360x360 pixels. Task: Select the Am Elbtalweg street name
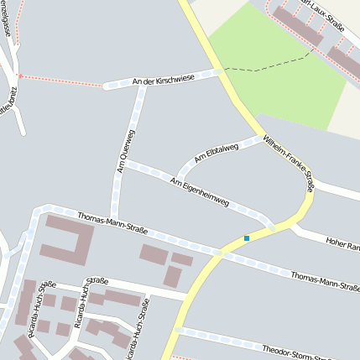(x=216, y=153)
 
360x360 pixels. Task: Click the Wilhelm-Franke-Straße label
(x=288, y=163)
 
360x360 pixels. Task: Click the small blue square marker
(x=247, y=238)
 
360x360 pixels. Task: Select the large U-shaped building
(x=67, y=239)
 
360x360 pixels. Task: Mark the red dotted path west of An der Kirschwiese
(x=59, y=81)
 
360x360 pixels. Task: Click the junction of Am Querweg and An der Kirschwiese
(x=141, y=82)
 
